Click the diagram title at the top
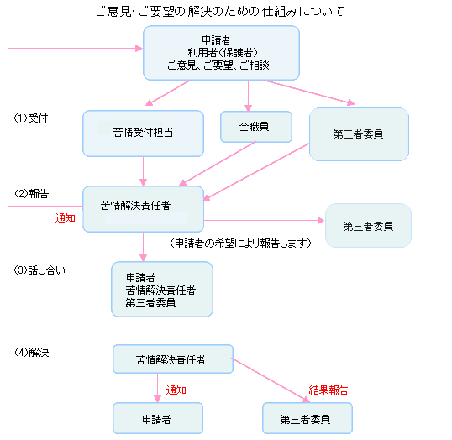(220, 12)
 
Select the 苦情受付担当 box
(144, 134)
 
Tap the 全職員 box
(256, 127)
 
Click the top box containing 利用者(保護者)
(222, 53)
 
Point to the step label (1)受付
(31, 118)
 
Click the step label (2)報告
(32, 194)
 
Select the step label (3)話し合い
(39, 270)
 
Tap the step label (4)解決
(32, 353)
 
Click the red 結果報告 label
(328, 390)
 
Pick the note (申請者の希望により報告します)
(241, 244)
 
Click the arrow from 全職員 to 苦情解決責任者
(218, 164)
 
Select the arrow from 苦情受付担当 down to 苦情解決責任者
(144, 171)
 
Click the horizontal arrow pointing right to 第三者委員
(265, 221)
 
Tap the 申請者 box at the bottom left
(158, 418)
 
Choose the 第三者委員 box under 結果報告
(307, 418)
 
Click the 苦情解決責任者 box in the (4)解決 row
(173, 359)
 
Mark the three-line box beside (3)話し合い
(162, 290)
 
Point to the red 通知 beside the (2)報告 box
(66, 218)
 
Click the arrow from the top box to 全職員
(248, 96)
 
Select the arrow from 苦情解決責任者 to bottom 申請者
(157, 388)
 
